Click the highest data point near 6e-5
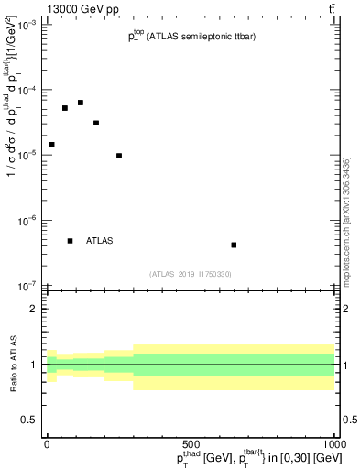tap(81, 103)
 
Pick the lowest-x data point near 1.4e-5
tap(51, 145)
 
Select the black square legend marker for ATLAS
tap(70, 241)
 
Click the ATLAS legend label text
tap(100, 241)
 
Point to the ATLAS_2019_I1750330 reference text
tap(191, 274)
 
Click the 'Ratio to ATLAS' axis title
tap(12, 365)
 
